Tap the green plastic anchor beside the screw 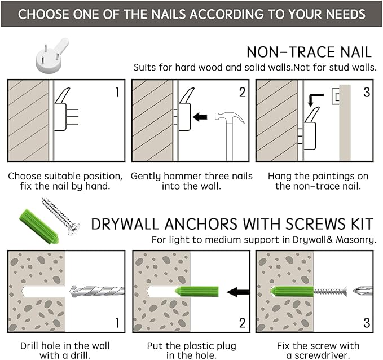pyautogui.click(x=39, y=226)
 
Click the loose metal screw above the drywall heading pyautogui.click(x=60, y=217)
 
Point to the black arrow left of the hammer pyautogui.click(x=200, y=117)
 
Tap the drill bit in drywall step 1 pyautogui.click(x=97, y=291)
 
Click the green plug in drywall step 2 pyautogui.click(x=197, y=291)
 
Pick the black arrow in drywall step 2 pyautogui.click(x=238, y=292)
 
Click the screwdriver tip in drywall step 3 pyautogui.click(x=363, y=291)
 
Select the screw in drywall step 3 pyautogui.click(x=330, y=291)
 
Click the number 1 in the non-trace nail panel pyautogui.click(x=117, y=93)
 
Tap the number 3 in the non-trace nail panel pyautogui.click(x=367, y=92)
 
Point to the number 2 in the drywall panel pyautogui.click(x=243, y=323)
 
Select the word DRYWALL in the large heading pyautogui.click(x=125, y=224)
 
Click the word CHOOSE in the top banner pyautogui.click(x=43, y=14)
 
